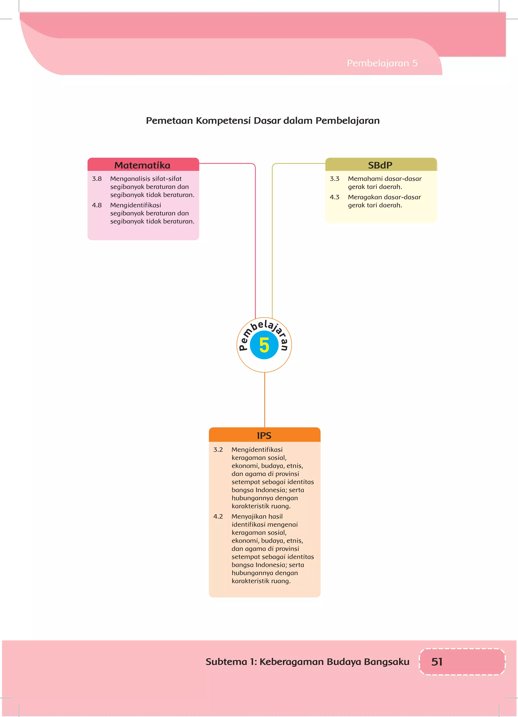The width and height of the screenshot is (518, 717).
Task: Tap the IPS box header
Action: pyautogui.click(x=264, y=435)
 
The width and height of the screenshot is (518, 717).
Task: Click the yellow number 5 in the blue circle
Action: pyautogui.click(x=264, y=345)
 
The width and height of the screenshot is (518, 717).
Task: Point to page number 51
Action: pyautogui.click(x=437, y=662)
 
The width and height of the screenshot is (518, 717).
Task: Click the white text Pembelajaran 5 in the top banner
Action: pyautogui.click(x=382, y=63)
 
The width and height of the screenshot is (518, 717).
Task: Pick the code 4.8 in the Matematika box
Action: pyautogui.click(x=97, y=205)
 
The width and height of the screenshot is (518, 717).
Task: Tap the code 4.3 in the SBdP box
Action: pyautogui.click(x=334, y=197)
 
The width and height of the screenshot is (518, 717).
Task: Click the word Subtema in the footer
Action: pyautogui.click(x=226, y=662)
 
